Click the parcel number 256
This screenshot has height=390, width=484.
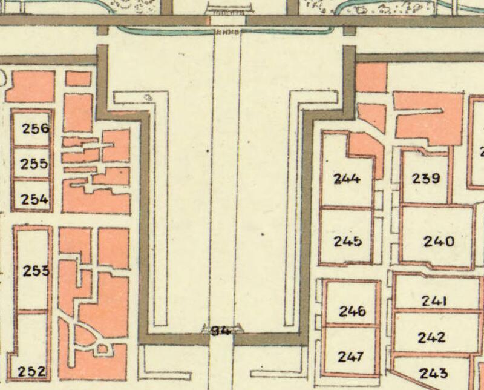35,128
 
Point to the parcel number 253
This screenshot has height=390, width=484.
36,271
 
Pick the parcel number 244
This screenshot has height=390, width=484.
347,178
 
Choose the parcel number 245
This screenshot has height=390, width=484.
348,241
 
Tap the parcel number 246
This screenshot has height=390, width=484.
352,311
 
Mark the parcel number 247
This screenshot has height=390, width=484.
351,356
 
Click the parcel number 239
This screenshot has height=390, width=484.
426,178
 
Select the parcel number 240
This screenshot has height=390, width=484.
439,241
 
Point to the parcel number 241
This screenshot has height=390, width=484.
434,301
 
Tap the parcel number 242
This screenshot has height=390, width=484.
431,337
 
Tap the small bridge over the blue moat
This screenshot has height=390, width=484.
226,30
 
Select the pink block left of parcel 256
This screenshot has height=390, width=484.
29,87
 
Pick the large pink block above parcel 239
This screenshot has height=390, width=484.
428,116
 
